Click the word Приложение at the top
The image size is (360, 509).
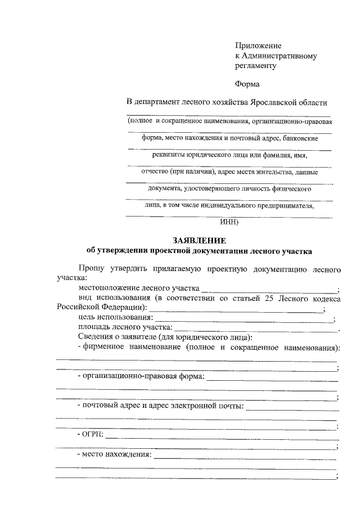(258, 46)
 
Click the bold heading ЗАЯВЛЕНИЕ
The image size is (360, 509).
(195, 240)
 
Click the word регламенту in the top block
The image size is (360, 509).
(256, 66)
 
